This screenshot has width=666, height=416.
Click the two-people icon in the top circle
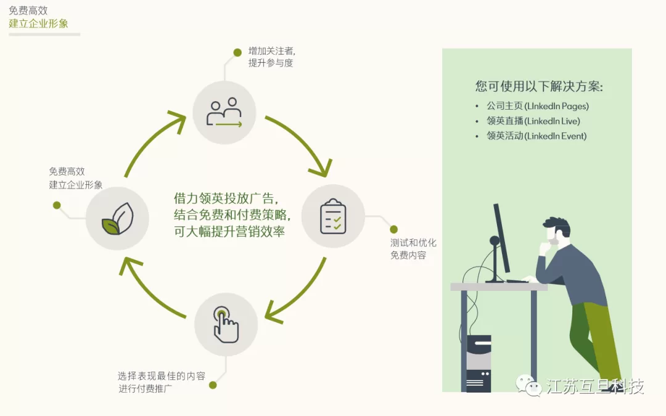224,113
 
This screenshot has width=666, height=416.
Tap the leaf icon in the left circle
118,219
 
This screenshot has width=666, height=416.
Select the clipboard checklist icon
333,216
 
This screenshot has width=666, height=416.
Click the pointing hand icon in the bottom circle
226,325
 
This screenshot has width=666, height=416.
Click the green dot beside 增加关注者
237,52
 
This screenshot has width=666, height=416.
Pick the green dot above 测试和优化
393,229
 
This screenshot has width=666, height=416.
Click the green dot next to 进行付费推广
213,385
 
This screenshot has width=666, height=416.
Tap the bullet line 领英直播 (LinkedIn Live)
533,121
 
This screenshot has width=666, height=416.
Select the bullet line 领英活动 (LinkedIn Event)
536,136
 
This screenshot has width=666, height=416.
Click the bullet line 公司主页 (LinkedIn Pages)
537,106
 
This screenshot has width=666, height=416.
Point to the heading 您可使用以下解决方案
539,86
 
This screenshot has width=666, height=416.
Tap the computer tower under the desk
479,364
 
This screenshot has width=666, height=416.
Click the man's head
556,231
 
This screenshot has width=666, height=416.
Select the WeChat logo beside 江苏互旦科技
528,385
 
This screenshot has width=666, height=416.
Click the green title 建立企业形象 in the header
38,23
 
